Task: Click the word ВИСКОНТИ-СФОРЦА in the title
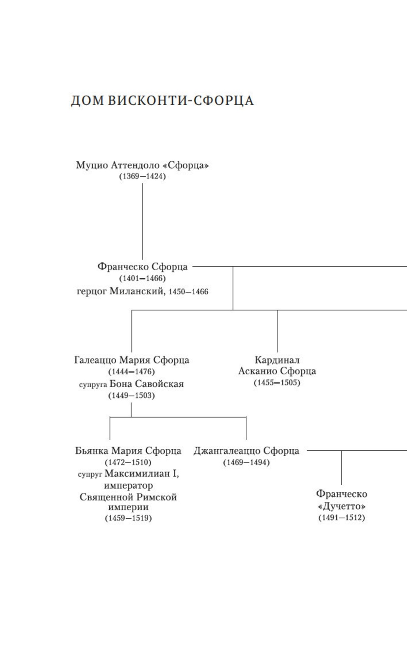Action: coord(181,101)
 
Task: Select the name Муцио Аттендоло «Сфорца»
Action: coord(142,165)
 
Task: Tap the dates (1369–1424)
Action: coord(142,177)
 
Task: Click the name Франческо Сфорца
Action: coord(142,267)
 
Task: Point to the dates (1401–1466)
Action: coord(142,278)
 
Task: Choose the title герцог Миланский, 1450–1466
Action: coord(142,292)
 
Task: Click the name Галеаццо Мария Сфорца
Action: coord(132,360)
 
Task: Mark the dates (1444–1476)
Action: coord(132,372)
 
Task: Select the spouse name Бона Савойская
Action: coord(147,384)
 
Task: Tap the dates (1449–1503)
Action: coord(132,396)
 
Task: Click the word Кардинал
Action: coord(277,360)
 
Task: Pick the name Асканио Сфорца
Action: coord(277,371)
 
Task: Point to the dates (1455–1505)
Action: coord(277,383)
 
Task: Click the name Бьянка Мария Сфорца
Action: coord(128,451)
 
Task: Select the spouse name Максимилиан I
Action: coord(142,474)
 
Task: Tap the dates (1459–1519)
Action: coord(128,518)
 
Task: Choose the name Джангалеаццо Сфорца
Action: coord(246,451)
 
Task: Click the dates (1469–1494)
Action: coord(246,462)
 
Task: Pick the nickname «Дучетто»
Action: coord(342,506)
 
